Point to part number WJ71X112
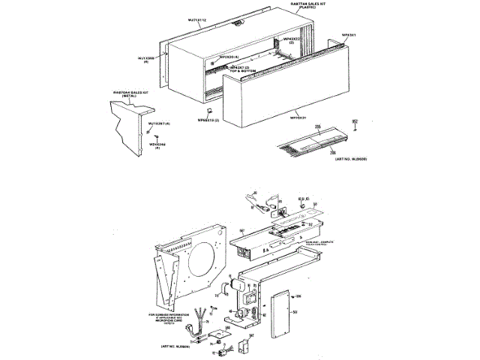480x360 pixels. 196,19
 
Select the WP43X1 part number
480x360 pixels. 348,34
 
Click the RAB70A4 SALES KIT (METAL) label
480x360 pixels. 131,94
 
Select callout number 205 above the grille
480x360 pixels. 318,127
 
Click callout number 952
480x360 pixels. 355,120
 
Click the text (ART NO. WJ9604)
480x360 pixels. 176,346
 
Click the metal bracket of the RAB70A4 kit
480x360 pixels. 129,124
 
